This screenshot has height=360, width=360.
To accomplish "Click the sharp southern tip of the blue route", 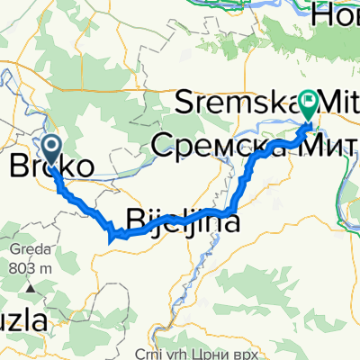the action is tap(110, 239).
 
